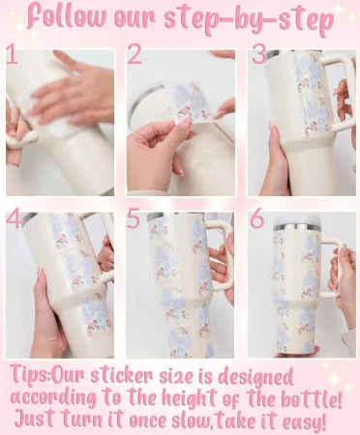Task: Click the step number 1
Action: (x=13, y=55)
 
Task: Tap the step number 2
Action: (x=135, y=54)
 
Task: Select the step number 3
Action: (x=259, y=54)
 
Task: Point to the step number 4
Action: (x=15, y=217)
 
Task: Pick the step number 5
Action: (x=134, y=218)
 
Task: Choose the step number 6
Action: (x=257, y=218)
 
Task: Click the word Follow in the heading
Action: (x=67, y=16)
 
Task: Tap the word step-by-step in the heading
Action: (x=249, y=19)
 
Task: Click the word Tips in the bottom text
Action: (x=29, y=376)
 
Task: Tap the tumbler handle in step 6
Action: (x=334, y=268)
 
